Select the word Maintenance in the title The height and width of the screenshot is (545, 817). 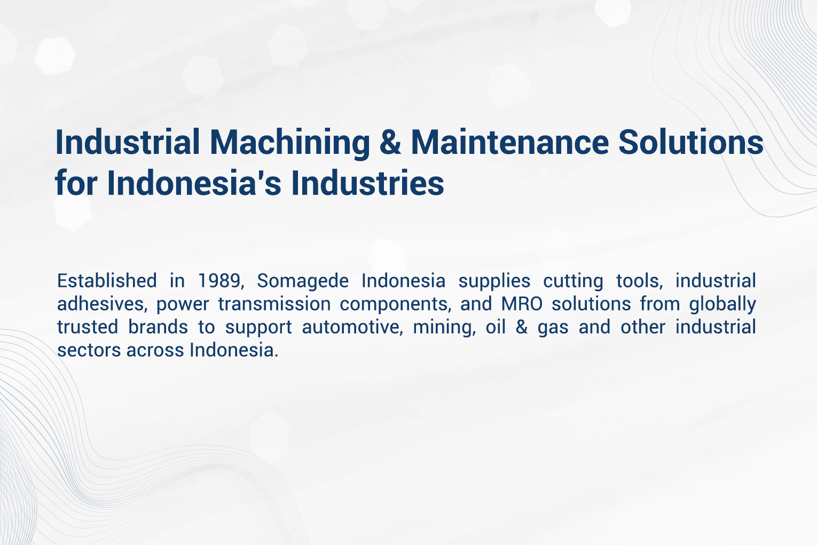click(x=509, y=143)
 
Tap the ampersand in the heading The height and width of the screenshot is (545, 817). click(x=390, y=143)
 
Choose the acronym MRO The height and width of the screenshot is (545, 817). click(x=522, y=304)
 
